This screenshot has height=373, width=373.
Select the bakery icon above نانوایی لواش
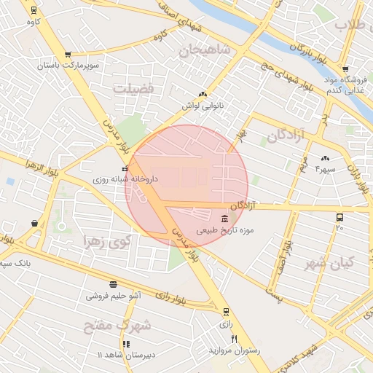tap(203, 94)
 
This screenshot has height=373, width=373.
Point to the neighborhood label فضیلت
tap(133, 88)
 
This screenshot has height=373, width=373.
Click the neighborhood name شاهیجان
tap(205, 50)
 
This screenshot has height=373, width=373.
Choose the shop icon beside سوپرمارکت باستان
tap(68, 54)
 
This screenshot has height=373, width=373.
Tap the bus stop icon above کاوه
tap(34, 10)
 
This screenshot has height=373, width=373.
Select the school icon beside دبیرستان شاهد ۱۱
tap(126, 344)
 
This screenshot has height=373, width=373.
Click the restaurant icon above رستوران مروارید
tap(234, 339)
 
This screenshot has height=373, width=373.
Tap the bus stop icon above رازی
tap(226, 311)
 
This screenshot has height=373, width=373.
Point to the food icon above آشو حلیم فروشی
tap(113, 284)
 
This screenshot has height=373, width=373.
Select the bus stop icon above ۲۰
tap(339, 217)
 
